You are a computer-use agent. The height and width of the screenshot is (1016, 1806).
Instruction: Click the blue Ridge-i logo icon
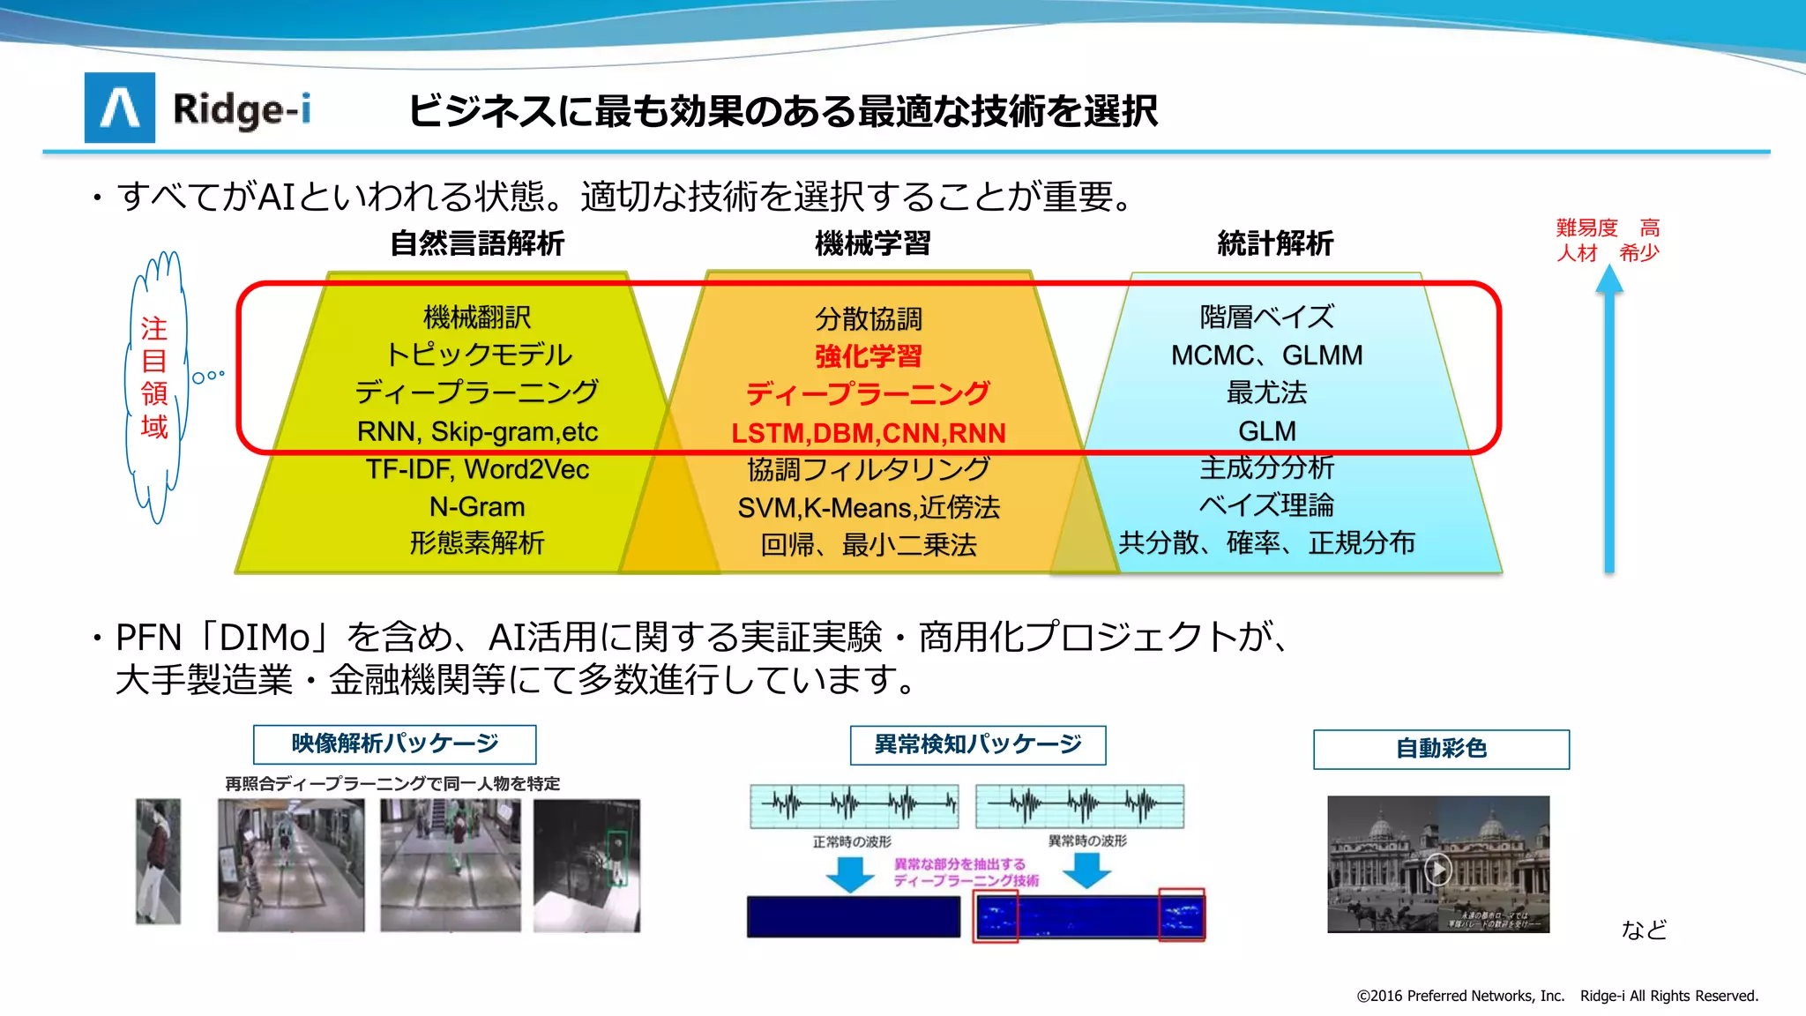click(120, 108)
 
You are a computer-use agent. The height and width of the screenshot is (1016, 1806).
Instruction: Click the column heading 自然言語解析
click(477, 243)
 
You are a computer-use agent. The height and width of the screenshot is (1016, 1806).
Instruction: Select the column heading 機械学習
click(872, 243)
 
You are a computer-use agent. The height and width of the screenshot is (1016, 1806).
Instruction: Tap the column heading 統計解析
click(1275, 243)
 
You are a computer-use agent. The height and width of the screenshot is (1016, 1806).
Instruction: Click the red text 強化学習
click(869, 356)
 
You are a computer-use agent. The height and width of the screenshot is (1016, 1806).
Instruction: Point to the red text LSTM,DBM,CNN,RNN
click(869, 433)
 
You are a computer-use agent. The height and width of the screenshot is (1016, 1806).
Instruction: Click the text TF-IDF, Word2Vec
click(477, 469)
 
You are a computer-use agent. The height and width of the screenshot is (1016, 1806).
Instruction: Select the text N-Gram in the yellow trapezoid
click(477, 507)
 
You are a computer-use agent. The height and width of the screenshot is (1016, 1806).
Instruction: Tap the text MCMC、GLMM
click(1266, 355)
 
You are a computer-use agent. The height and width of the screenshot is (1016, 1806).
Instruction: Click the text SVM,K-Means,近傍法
click(869, 508)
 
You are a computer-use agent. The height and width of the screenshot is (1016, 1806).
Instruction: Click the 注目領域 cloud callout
click(155, 379)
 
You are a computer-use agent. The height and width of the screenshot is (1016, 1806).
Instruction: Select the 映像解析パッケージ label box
click(394, 744)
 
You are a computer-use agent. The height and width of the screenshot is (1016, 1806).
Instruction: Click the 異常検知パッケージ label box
click(977, 745)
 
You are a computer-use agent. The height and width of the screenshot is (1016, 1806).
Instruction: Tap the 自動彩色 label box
click(1441, 749)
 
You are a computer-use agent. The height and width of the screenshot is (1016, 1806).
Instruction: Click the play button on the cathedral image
click(1438, 870)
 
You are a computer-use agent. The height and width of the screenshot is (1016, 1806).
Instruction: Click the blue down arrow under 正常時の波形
click(849, 873)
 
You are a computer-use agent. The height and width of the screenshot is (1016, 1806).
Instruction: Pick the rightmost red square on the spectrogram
click(1181, 915)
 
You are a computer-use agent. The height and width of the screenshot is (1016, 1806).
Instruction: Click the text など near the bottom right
click(1644, 930)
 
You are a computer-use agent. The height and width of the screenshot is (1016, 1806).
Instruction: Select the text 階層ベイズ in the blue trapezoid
click(1266, 317)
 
